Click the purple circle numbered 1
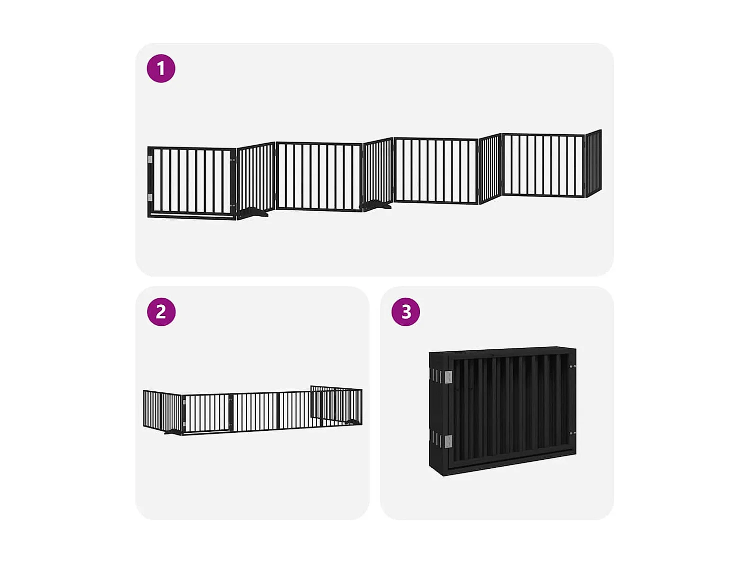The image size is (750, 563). (161, 69)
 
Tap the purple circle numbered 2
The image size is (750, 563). (161, 312)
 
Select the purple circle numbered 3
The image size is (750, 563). (405, 312)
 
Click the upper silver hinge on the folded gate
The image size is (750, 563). (448, 377)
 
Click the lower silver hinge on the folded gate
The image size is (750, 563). (448, 441)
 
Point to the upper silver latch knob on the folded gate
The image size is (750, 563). (572, 367)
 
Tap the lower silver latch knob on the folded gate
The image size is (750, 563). (572, 433)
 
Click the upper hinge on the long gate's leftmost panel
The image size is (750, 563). (150, 160)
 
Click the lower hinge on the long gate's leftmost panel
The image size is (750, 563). (150, 197)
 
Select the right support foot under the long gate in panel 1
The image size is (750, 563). (377, 205)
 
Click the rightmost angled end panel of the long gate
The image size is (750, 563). (593, 163)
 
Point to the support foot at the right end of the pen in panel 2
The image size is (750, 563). (353, 422)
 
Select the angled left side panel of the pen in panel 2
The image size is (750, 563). (162, 410)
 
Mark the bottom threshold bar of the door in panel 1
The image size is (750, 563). (192, 216)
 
